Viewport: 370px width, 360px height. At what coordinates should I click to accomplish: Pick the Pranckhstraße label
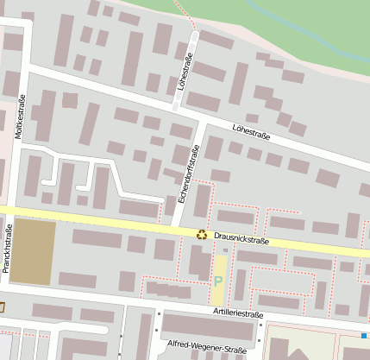[8, 249]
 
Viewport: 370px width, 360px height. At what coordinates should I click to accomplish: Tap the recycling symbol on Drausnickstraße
[202, 233]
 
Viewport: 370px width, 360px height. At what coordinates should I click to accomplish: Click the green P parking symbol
[218, 281]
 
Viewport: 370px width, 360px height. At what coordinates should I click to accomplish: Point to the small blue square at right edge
[365, 334]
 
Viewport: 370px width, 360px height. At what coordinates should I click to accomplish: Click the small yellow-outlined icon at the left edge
[2, 306]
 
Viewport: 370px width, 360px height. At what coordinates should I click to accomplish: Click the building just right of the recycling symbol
[235, 217]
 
